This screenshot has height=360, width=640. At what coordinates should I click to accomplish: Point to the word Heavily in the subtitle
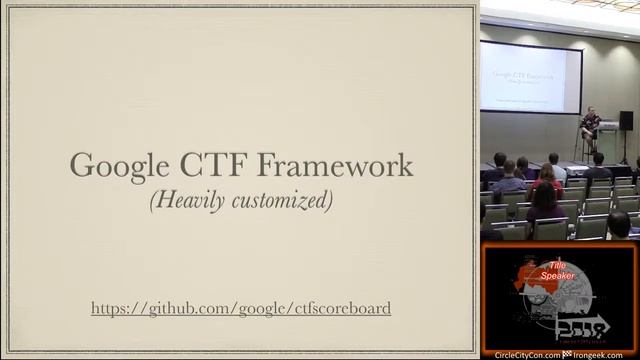(x=186, y=200)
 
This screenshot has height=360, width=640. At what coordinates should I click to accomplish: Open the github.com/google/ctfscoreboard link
(x=240, y=308)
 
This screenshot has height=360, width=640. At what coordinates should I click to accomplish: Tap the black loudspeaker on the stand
(x=626, y=120)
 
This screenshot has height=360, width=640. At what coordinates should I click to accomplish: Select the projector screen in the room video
(x=529, y=78)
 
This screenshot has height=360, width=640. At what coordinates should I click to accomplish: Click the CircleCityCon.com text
(x=527, y=355)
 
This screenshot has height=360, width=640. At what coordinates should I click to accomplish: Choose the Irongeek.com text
(x=606, y=355)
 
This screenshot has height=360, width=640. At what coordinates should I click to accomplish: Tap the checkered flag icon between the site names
(x=567, y=355)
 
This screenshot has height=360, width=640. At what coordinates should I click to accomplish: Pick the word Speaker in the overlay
(x=558, y=275)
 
